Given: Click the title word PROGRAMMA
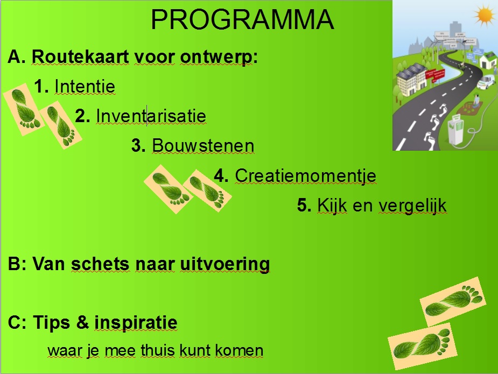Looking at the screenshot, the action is pyautogui.click(x=242, y=20).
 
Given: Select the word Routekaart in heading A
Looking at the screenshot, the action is pyautogui.click(x=80, y=57).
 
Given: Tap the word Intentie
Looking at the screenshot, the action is pyautogui.click(x=85, y=86).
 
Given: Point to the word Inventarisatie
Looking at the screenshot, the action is pyautogui.click(x=151, y=116).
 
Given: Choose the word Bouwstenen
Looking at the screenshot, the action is pyautogui.click(x=204, y=146).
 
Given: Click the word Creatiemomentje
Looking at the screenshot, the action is pyautogui.click(x=306, y=176).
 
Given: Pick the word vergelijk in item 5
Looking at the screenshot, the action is pyautogui.click(x=413, y=206).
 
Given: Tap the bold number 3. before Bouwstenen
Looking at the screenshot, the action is pyautogui.click(x=138, y=146).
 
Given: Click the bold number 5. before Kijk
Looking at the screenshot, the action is pyautogui.click(x=304, y=205).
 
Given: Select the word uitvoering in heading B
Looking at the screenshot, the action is pyautogui.click(x=225, y=264).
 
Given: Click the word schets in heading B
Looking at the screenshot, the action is pyautogui.click(x=100, y=264).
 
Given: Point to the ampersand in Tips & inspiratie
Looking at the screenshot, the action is pyautogui.click(x=82, y=322).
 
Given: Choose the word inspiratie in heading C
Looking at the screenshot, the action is pyautogui.click(x=136, y=323).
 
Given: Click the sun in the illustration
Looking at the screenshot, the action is pyautogui.click(x=485, y=16).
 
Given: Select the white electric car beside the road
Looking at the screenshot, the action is pyautogui.click(x=486, y=82).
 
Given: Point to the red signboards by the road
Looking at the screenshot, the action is pyautogui.click(x=435, y=75).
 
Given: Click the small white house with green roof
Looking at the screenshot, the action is pyautogui.click(x=488, y=60).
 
